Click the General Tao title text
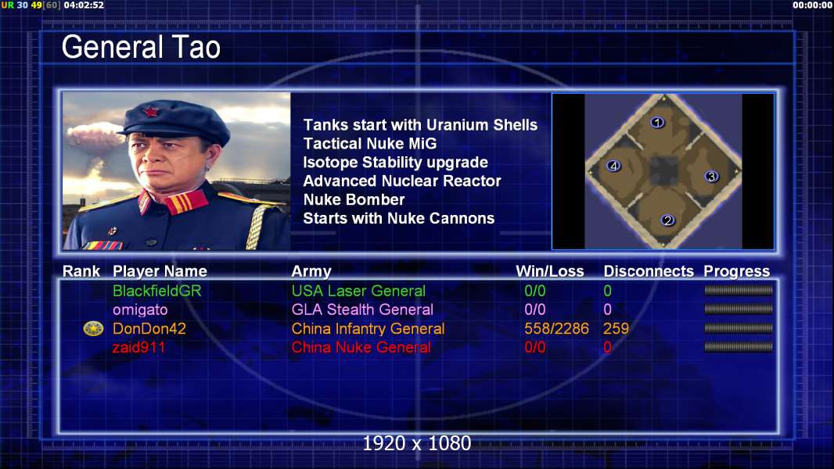point(141,47)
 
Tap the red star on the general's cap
point(150,111)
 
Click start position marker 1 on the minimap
point(657,123)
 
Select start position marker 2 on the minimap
point(668,220)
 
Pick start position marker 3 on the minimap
point(712,177)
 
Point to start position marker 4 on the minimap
point(614,166)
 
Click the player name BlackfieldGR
point(157,291)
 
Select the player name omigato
point(140,310)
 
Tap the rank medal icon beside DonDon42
point(93,329)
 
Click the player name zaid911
point(138,347)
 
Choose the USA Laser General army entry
point(358,291)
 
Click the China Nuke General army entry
point(361,347)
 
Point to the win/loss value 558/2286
point(556,329)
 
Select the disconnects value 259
point(616,329)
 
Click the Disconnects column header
point(649,271)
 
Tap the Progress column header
point(737,271)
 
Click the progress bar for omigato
point(739,309)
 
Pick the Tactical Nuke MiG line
point(369,143)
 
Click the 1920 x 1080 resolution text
point(417,443)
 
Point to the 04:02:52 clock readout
point(84,5)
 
